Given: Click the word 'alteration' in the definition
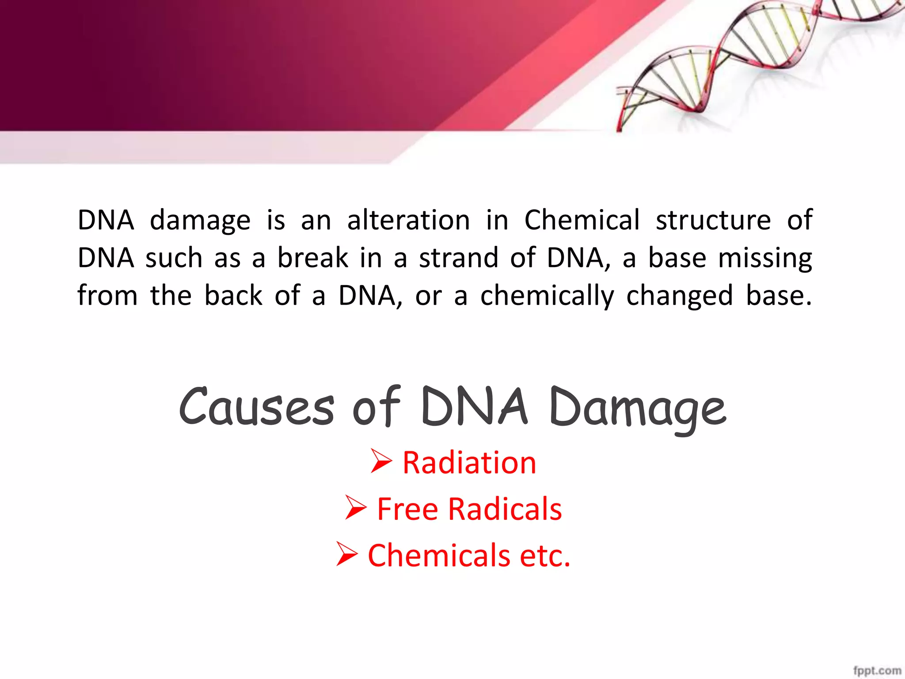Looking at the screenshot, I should click(x=408, y=220).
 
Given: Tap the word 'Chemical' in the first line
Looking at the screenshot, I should click(x=582, y=220).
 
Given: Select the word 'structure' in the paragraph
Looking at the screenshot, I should click(x=713, y=220).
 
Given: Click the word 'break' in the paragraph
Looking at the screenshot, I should click(x=313, y=258).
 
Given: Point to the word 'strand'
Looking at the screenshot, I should click(x=459, y=258).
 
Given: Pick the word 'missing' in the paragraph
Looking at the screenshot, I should click(x=765, y=259).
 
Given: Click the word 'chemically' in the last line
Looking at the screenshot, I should click(x=547, y=296).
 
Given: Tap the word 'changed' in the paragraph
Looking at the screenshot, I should click(x=680, y=296).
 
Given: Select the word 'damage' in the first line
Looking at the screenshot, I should click(x=200, y=221).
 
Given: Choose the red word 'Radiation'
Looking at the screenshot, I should click(x=469, y=463).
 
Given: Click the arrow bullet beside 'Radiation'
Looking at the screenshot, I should click(x=381, y=461).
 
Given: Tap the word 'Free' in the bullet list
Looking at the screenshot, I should click(x=407, y=509).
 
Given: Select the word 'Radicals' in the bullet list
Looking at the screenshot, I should click(x=505, y=509).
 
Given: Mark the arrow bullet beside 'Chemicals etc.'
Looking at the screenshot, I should click(x=347, y=554).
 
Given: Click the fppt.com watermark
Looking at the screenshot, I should click(x=877, y=670).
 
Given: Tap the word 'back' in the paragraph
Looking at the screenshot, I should click(x=233, y=296).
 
